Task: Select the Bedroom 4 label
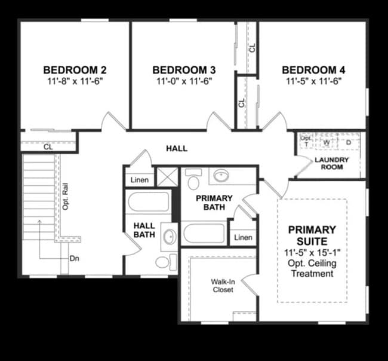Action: pyautogui.click(x=313, y=69)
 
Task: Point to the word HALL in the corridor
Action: pyautogui.click(x=177, y=148)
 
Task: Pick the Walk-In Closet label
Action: pyautogui.click(x=222, y=286)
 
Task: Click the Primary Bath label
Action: pyautogui.click(x=211, y=202)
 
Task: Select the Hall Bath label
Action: pyautogui.click(x=144, y=230)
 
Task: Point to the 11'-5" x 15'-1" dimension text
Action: pyautogui.click(x=312, y=252)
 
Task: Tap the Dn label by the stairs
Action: pyautogui.click(x=75, y=258)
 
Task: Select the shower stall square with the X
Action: pyautogui.click(x=163, y=178)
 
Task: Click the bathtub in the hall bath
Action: pyautogui.click(x=148, y=201)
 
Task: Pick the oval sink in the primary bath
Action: pyautogui.click(x=221, y=176)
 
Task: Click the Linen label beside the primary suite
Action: pyautogui.click(x=243, y=237)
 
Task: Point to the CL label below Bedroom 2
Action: pyautogui.click(x=48, y=146)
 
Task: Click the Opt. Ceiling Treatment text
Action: pyautogui.click(x=312, y=268)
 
